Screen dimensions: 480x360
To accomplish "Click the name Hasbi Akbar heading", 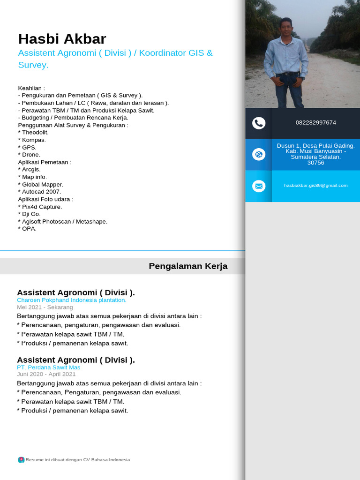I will coord(62,39).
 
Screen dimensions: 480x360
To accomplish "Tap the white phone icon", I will coord(259,123).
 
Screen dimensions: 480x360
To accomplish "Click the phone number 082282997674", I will coord(315,123).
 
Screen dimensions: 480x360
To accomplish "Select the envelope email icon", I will coord(259,186).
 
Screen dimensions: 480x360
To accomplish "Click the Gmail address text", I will coord(315,186).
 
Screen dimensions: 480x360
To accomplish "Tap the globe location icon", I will coord(259,154).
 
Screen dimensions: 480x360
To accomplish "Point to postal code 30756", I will coord(315,163).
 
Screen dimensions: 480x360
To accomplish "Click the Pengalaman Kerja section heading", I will coord(188,266).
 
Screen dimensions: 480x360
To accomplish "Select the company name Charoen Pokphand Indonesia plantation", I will coord(71,300).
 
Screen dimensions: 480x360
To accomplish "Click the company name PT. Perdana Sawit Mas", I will coord(48,367).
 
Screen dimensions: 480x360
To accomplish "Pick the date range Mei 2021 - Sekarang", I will coord(45,307).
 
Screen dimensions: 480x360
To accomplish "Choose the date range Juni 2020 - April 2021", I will coord(46,375).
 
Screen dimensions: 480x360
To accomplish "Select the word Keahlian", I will coord(31,88).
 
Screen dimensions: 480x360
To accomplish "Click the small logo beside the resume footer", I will coord(21,460).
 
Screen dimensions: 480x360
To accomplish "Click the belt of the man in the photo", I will coord(287,74).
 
